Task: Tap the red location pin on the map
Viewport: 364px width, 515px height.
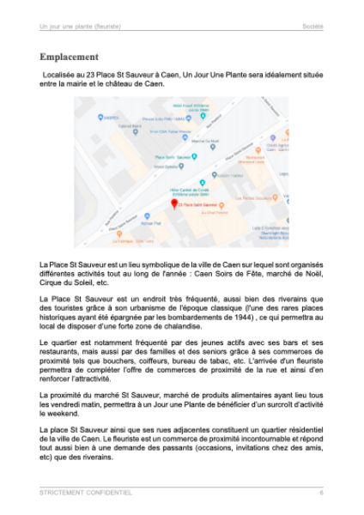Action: pyautogui.click(x=174, y=203)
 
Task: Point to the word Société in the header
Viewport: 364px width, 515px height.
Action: pyautogui.click(x=312, y=27)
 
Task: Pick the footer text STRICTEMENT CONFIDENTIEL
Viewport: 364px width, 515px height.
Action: pyautogui.click(x=86, y=492)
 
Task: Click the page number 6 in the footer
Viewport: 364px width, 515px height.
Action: pyautogui.click(x=321, y=492)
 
